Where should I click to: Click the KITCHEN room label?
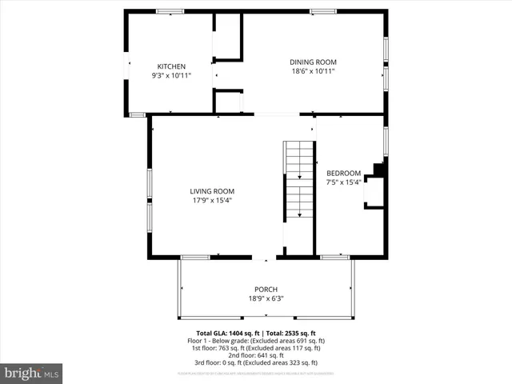(171, 66)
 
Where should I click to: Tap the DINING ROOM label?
(313, 62)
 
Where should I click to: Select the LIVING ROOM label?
(212, 191)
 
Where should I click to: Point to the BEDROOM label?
(343, 173)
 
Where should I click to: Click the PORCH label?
(266, 290)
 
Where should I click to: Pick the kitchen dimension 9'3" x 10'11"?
(171, 76)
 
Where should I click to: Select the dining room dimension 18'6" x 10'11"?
(313, 71)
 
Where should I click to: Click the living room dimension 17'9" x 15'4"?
(212, 201)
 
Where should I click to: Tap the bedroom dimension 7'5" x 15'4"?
(343, 182)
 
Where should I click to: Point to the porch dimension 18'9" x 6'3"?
(266, 299)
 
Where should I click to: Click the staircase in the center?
(298, 180)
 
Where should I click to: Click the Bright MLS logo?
(32, 373)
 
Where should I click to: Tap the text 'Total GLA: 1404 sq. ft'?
(227, 333)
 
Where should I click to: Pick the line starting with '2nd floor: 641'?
(255, 355)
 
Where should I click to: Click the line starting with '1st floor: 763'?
(255, 348)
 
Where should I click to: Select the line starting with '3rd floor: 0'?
(255, 362)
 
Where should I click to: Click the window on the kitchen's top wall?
(169, 11)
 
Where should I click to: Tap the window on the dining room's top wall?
(322, 11)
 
